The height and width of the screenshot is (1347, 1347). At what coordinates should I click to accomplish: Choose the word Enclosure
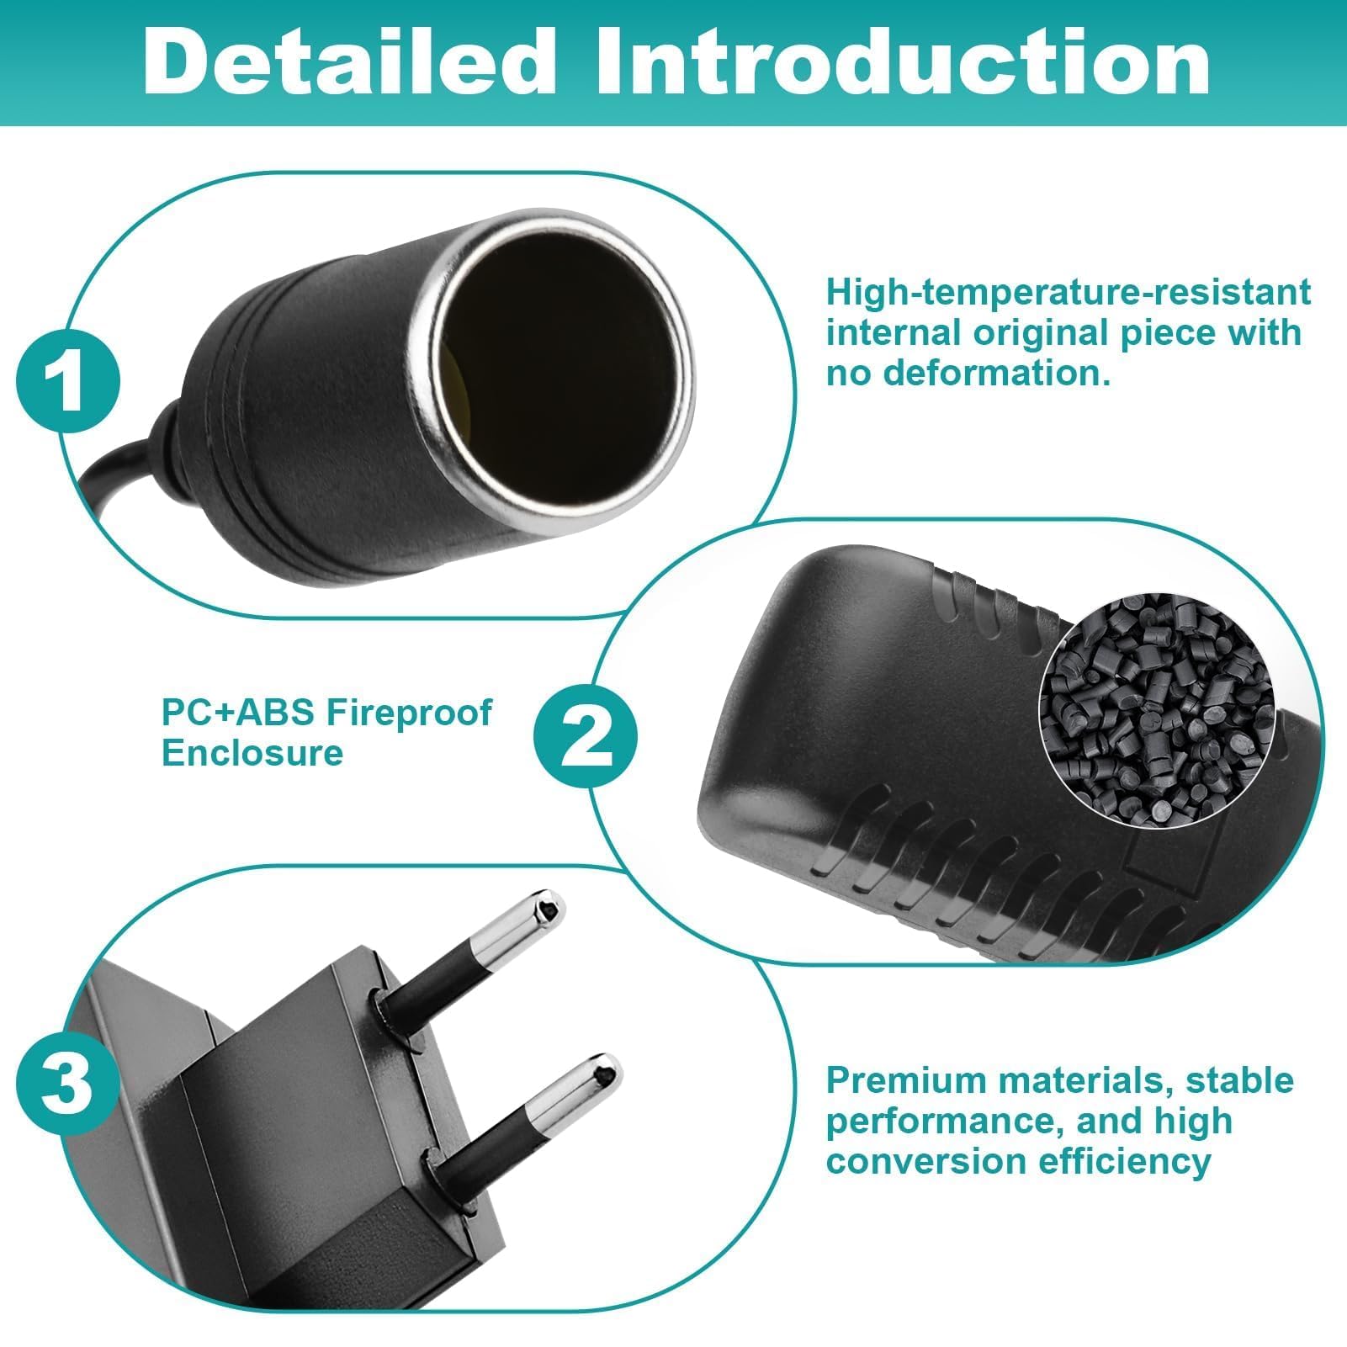pyautogui.click(x=252, y=753)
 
